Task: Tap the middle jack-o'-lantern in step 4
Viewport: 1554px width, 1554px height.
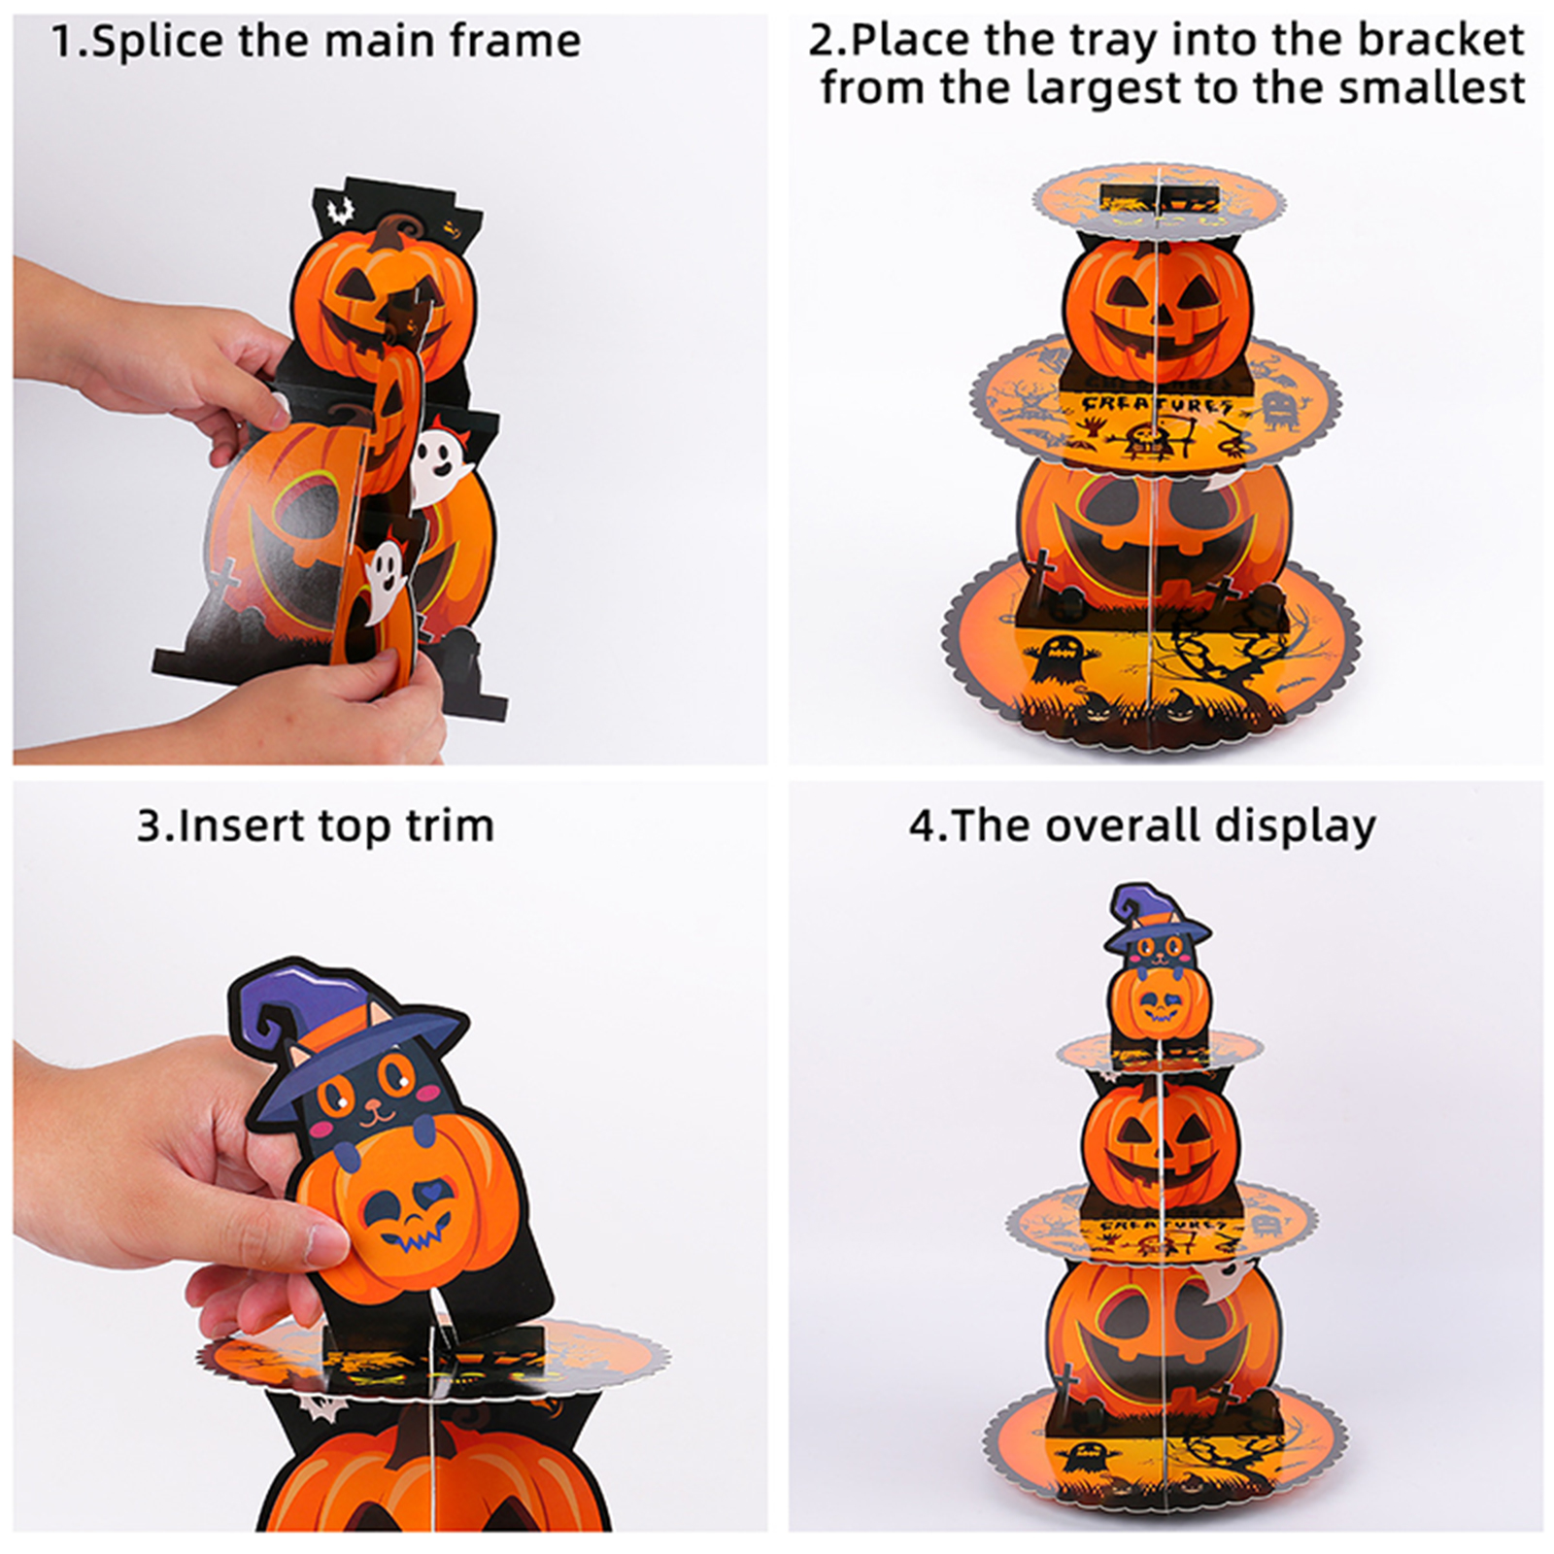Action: pos(1161,1146)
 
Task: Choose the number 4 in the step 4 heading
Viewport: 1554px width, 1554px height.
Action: pos(922,827)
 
